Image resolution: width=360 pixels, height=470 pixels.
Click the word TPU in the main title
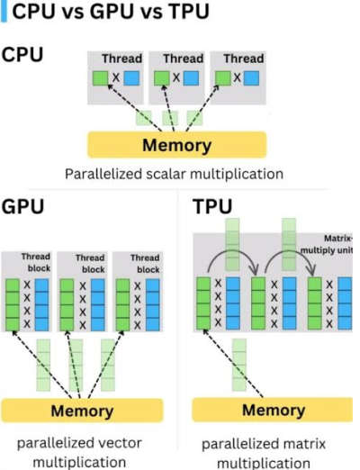pyautogui.click(x=189, y=12)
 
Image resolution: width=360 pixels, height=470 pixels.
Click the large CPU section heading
pyautogui.click(x=22, y=55)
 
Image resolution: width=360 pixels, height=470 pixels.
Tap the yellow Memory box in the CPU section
pyautogui.click(x=176, y=145)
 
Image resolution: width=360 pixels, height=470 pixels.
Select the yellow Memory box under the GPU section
pyautogui.click(x=82, y=411)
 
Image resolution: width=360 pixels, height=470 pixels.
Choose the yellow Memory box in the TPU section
pyautogui.click(x=273, y=410)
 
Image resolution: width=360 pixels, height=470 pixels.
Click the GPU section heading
pyautogui.click(x=22, y=206)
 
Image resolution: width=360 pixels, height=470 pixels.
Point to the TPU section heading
pyautogui.click(x=212, y=206)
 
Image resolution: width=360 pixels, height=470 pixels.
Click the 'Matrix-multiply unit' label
pyautogui.click(x=326, y=244)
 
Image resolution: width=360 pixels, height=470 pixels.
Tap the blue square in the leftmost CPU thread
pyautogui.click(x=131, y=78)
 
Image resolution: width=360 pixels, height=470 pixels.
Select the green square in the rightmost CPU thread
pyautogui.click(x=223, y=78)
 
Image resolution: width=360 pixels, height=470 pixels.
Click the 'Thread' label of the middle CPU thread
pyautogui.click(x=184, y=59)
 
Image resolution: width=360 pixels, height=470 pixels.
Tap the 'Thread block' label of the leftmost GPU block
pyautogui.click(x=36, y=262)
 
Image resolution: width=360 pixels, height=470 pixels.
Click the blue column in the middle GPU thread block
pyautogui.click(x=98, y=305)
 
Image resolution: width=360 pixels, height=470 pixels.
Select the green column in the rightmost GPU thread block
pyautogui.click(x=122, y=305)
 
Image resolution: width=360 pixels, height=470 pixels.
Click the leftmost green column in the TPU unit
pyautogui.click(x=203, y=303)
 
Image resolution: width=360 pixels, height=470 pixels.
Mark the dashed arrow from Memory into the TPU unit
pyautogui.click(x=233, y=363)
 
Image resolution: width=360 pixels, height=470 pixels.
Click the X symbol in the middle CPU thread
pyautogui.click(x=176, y=77)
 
